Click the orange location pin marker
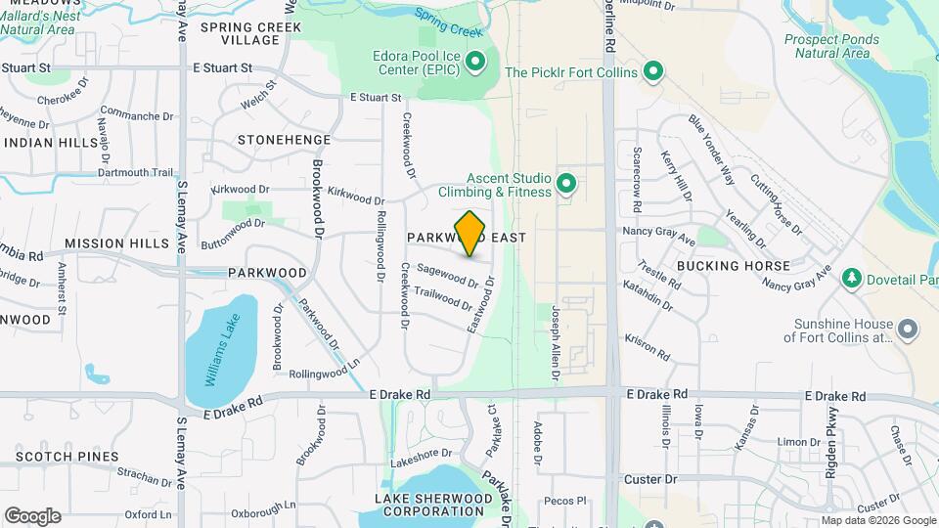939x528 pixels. tap(470, 234)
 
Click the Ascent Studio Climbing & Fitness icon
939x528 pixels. tap(565, 183)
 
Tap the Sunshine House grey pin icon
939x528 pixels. tap(909, 330)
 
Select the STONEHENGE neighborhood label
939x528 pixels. tap(284, 140)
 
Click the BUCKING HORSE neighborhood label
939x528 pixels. tap(733, 266)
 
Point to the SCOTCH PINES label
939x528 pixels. tap(67, 457)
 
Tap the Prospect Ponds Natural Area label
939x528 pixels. tap(831, 46)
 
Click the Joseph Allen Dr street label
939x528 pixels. tap(556, 338)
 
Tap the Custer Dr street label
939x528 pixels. tap(650, 479)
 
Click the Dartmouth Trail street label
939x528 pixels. tap(136, 173)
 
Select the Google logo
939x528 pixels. tap(32, 515)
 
